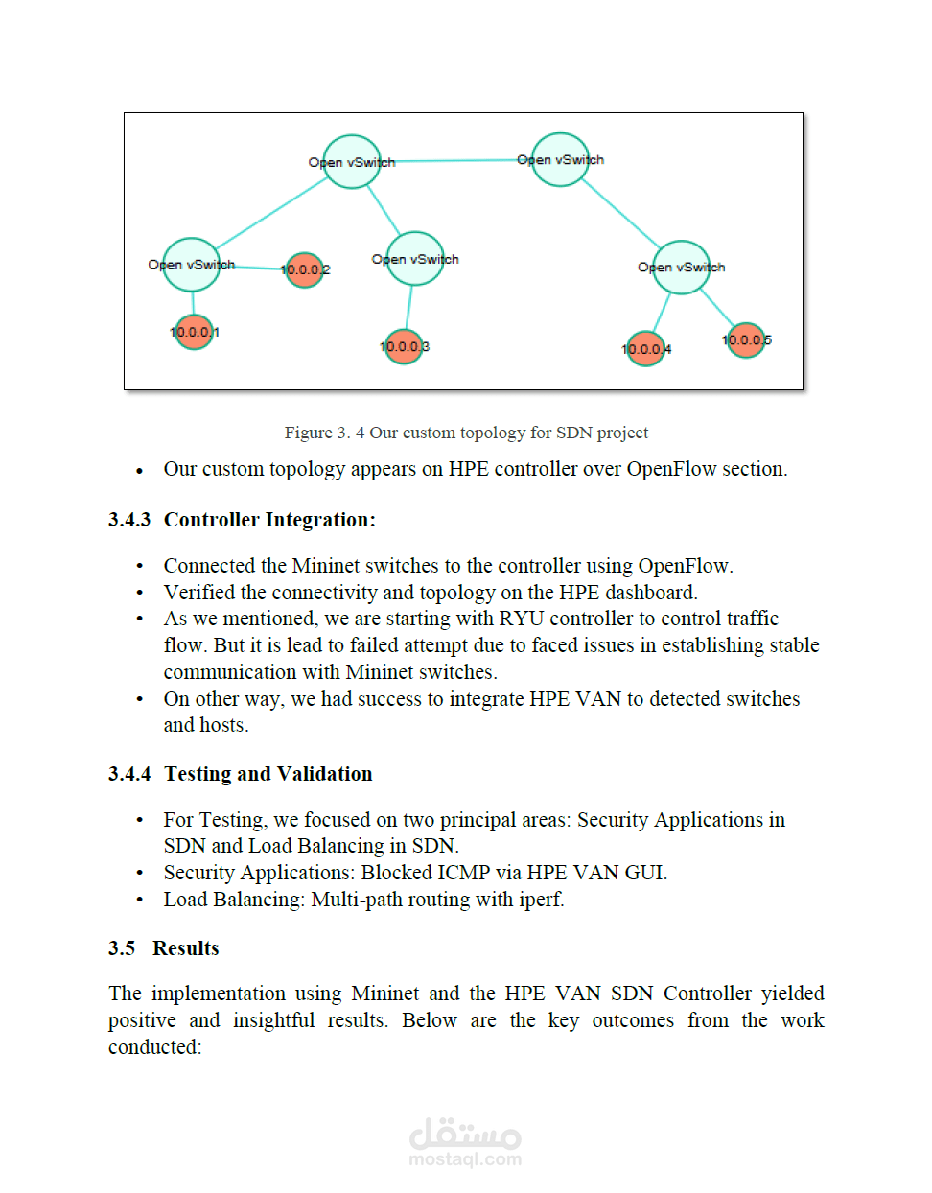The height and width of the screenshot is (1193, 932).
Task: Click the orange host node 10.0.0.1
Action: (x=194, y=333)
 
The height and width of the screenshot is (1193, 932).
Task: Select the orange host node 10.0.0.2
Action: (x=304, y=269)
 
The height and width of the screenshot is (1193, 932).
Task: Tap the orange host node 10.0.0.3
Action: (x=404, y=346)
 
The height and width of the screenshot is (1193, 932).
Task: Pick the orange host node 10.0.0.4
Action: (x=645, y=349)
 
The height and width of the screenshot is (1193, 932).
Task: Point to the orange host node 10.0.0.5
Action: (x=746, y=339)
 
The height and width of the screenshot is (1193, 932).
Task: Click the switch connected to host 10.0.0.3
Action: (x=415, y=259)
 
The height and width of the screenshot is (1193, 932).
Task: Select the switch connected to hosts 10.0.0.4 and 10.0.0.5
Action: (x=682, y=267)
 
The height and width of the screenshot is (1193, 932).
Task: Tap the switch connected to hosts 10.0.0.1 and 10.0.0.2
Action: (x=192, y=265)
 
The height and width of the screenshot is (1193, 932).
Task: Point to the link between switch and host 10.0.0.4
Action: (x=662, y=312)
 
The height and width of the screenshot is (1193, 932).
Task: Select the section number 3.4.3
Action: (x=129, y=520)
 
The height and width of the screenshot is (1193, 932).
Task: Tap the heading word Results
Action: (x=186, y=948)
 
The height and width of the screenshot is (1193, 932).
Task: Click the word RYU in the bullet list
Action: (x=521, y=619)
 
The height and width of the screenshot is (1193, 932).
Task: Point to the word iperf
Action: (x=540, y=900)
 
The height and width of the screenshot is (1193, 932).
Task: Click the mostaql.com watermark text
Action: (x=465, y=1159)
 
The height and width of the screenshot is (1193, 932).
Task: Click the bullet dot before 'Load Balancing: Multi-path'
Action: (x=140, y=901)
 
